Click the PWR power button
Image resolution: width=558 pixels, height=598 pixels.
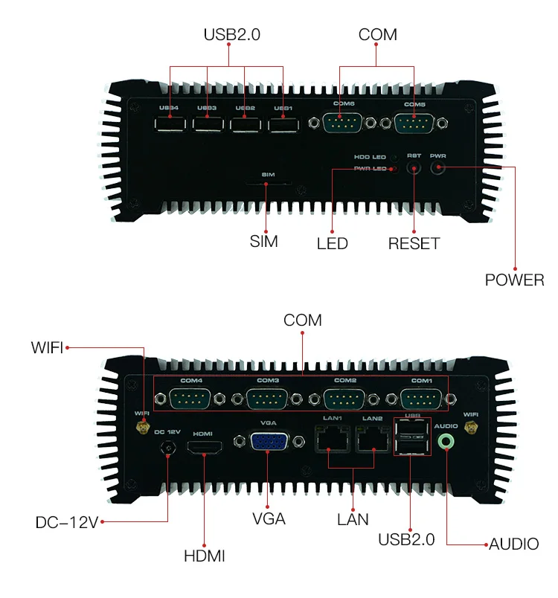point(438,167)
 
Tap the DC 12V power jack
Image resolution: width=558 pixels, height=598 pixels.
point(168,448)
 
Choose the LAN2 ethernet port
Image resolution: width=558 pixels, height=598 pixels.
point(372,441)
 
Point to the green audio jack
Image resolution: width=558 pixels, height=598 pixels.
point(446,441)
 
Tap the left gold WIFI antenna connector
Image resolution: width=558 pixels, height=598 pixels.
point(141,428)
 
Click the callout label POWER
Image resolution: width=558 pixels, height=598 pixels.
point(514,280)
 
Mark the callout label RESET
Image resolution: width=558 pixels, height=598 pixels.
point(414,244)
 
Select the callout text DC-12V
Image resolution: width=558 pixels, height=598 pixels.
point(67,523)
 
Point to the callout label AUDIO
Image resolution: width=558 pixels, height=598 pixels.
point(513,544)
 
